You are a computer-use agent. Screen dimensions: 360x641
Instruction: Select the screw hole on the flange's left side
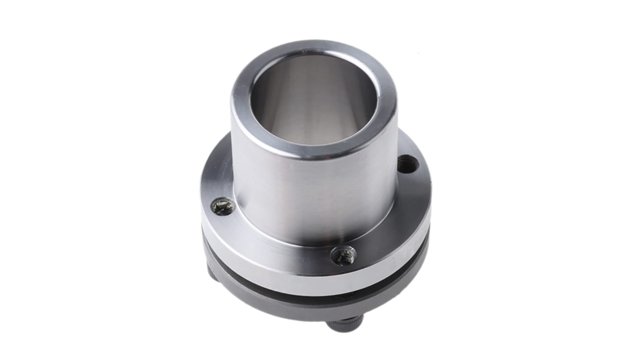pos(223,206)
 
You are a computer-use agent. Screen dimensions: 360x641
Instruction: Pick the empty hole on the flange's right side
pos(408,164)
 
